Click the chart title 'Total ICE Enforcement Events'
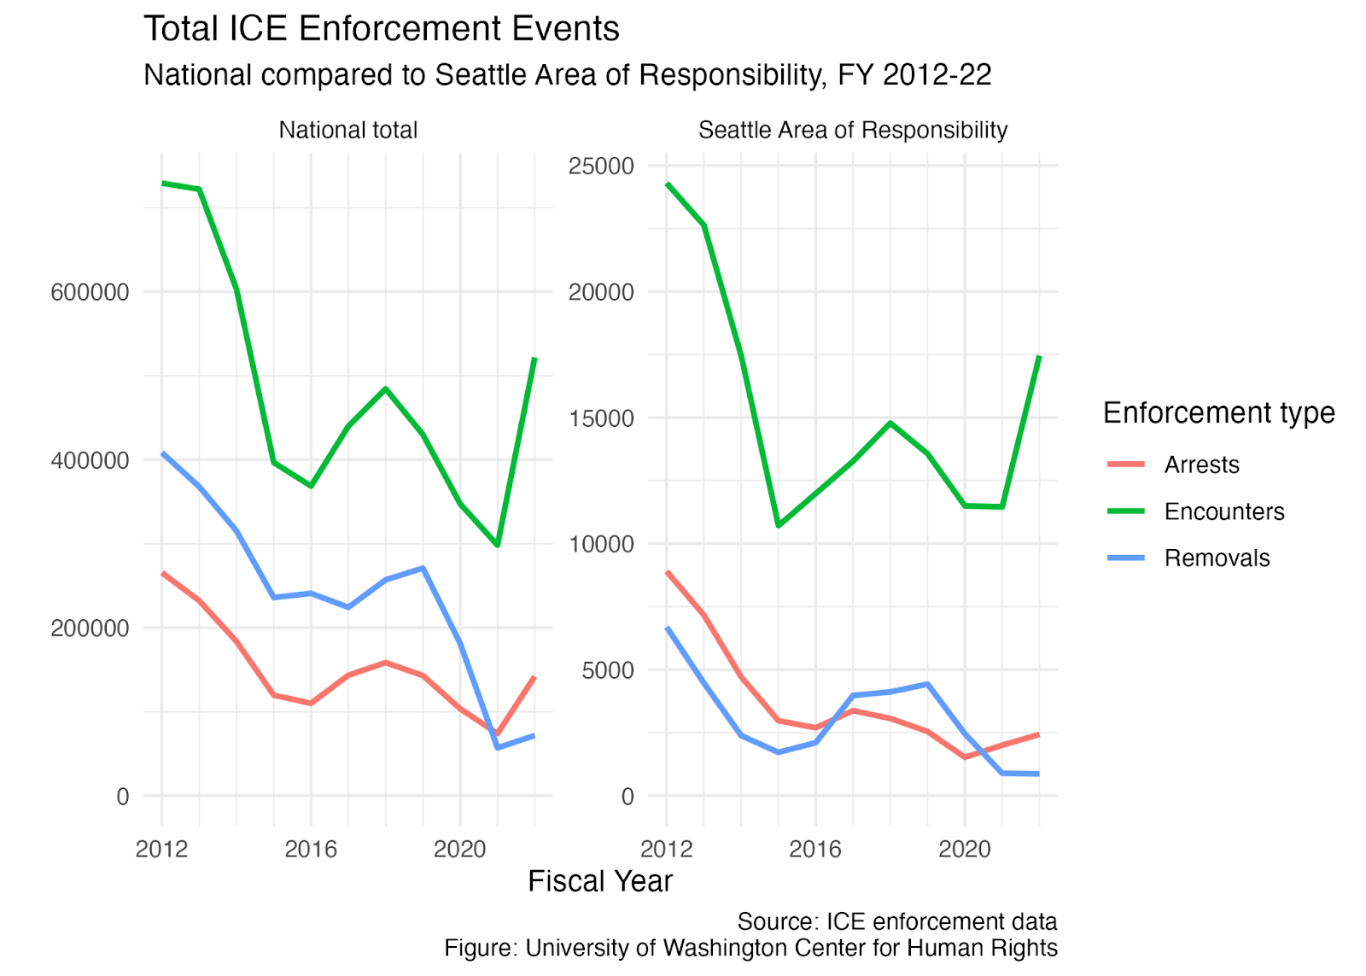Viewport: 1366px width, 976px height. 381,29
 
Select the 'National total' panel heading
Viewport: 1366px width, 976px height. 348,130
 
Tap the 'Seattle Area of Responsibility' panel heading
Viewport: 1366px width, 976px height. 853,131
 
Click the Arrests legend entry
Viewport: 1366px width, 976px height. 1173,465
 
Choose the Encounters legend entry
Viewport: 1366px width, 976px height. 1196,511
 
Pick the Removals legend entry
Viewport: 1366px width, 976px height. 1188,558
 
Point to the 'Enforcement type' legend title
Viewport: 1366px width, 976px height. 1219,413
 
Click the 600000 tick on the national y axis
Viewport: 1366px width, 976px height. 90,292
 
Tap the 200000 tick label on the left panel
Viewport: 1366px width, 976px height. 90,628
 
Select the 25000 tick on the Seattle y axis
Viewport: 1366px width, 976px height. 601,166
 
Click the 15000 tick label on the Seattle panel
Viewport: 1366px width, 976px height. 601,418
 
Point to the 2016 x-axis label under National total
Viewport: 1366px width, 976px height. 311,849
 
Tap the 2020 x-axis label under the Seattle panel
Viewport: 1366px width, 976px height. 965,849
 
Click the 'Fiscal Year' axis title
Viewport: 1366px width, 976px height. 600,881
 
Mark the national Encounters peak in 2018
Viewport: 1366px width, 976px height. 385,389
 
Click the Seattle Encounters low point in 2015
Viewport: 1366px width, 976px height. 779,525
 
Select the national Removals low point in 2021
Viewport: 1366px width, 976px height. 498,747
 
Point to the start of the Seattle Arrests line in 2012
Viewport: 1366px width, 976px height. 667,572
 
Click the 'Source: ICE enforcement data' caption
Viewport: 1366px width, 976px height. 897,921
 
